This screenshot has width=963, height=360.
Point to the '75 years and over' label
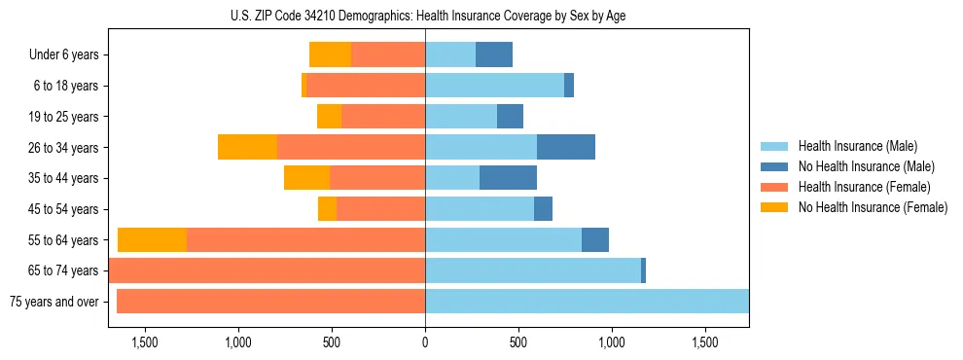[53, 302]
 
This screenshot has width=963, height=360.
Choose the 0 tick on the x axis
[425, 343]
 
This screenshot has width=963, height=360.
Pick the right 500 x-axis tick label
[518, 343]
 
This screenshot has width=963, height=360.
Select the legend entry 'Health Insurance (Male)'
[857, 146]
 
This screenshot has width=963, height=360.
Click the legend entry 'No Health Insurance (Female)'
[873, 207]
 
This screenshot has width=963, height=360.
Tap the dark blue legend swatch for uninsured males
[774, 166]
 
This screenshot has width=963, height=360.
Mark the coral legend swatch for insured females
[774, 187]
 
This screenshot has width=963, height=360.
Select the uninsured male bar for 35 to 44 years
[508, 178]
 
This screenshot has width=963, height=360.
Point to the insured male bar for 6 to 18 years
[494, 86]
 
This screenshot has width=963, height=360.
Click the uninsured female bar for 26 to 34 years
[247, 148]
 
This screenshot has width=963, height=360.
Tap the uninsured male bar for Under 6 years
[494, 55]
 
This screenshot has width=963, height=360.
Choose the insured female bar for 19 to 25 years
[383, 117]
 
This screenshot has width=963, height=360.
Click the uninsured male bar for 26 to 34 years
[566, 148]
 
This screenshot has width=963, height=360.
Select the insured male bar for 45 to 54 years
[480, 209]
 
